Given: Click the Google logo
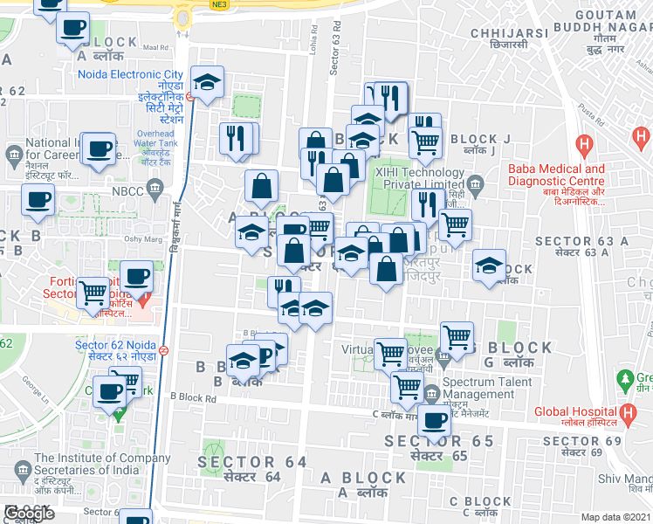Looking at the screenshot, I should [x=29, y=514].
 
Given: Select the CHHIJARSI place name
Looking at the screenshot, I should [x=508, y=32].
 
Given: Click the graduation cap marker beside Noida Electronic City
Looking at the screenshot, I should [x=207, y=84].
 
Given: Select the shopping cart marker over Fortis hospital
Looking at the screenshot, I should [x=93, y=293].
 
